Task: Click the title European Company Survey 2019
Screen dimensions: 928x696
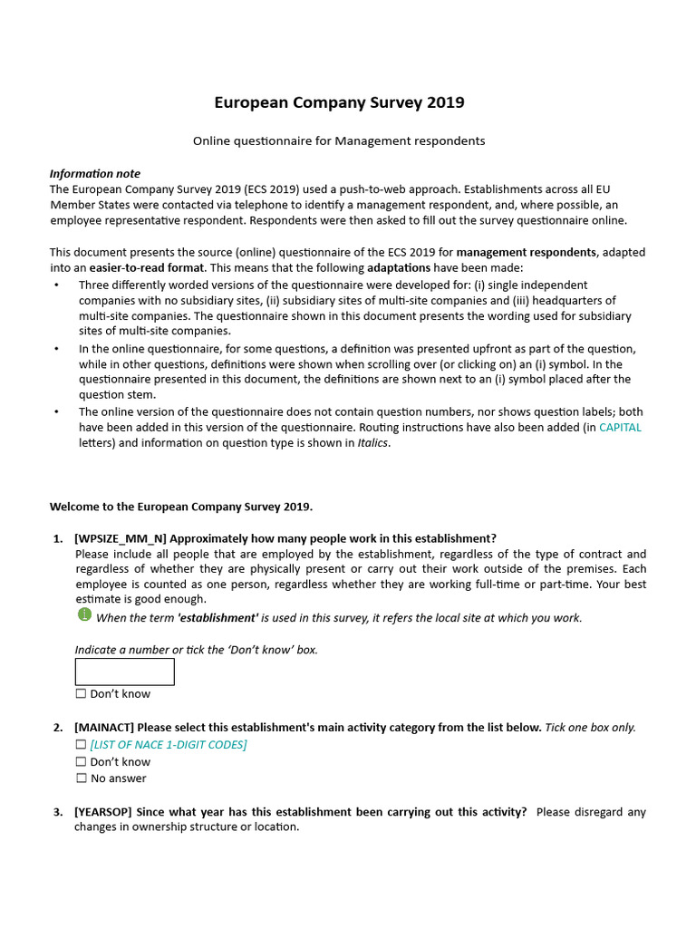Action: [x=339, y=102]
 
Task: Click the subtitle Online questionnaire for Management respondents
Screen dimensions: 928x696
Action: [x=339, y=140]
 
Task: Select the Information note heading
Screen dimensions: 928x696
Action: [x=94, y=173]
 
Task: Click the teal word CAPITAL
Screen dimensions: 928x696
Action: [x=620, y=427]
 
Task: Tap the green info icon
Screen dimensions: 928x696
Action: [x=84, y=615]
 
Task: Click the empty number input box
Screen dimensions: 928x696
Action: [x=124, y=672]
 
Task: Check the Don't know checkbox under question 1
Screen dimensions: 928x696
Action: [x=81, y=693]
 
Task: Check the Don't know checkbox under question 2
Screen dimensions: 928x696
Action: [x=81, y=761]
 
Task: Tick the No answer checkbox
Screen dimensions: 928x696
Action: [x=81, y=778]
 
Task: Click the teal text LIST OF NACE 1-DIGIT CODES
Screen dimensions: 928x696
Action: [x=168, y=744]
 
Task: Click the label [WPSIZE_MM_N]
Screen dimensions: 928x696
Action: [x=121, y=537]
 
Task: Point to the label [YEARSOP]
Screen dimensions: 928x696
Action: [x=103, y=811]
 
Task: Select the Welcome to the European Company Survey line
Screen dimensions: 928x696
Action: [x=181, y=506]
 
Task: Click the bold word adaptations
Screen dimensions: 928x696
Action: [x=405, y=268]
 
